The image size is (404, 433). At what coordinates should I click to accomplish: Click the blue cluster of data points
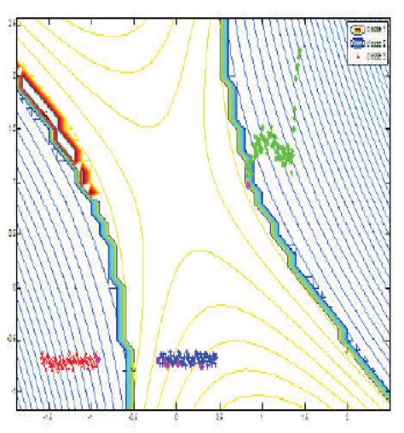pos(188,360)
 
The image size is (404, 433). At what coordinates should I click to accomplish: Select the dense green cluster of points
pos(274,150)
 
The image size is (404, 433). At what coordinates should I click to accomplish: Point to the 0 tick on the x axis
pos(176,419)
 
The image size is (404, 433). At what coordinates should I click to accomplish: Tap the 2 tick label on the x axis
pos(347,419)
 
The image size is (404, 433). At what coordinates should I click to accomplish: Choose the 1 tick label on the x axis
pos(262,419)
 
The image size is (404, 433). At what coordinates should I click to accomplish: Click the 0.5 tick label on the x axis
pos(219,419)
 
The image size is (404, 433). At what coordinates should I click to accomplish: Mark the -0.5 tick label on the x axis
pos(132,419)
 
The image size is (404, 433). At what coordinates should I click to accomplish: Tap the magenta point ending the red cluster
pos(97,361)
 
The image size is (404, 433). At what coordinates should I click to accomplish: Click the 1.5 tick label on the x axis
pos(304,419)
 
